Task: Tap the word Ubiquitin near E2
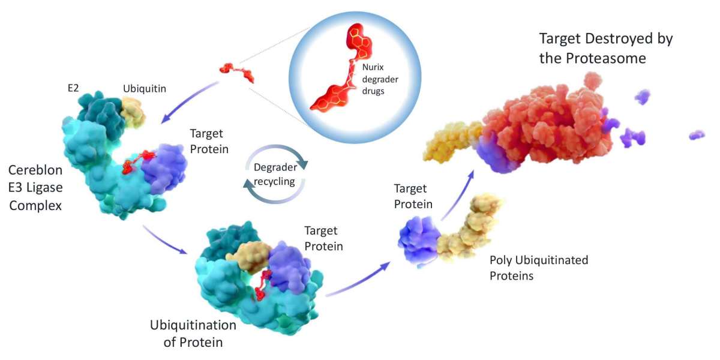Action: (145, 88)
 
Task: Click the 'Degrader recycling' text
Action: (274, 175)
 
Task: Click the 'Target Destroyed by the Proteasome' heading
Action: (606, 49)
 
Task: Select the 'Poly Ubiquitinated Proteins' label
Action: (538, 268)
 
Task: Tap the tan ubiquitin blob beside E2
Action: (133, 111)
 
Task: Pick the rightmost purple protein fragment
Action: (697, 135)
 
